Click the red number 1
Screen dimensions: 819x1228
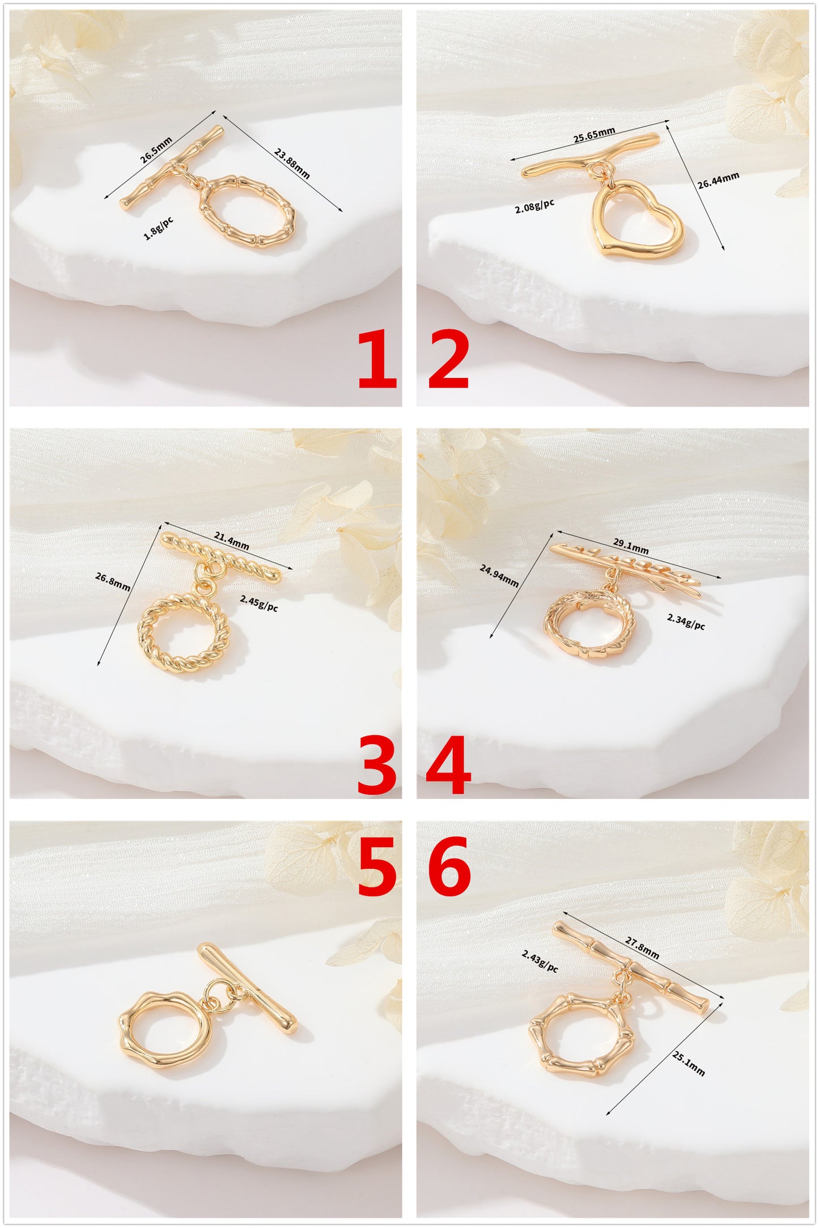[377, 359]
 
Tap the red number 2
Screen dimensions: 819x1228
[448, 359]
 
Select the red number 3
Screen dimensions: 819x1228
[377, 765]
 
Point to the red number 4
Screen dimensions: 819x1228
[448, 765]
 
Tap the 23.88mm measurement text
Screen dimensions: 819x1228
[292, 163]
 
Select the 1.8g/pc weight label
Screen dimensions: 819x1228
[159, 228]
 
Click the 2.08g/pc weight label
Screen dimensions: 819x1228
[534, 206]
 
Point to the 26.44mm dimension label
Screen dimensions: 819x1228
[718, 180]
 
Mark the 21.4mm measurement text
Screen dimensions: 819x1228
[231, 541]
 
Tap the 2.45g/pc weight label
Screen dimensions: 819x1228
[259, 603]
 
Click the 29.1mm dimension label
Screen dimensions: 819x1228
[631, 546]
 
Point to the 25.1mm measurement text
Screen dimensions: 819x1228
[689, 1063]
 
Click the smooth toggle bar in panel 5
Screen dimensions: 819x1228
[247, 988]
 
